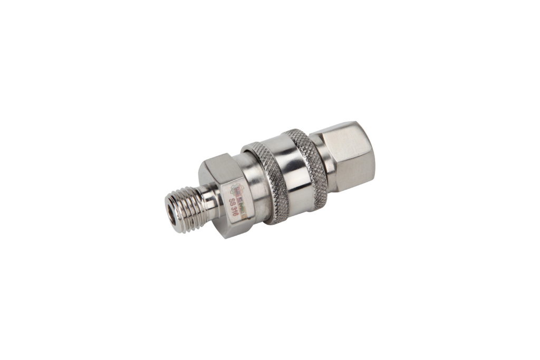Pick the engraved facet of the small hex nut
point(235,198)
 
